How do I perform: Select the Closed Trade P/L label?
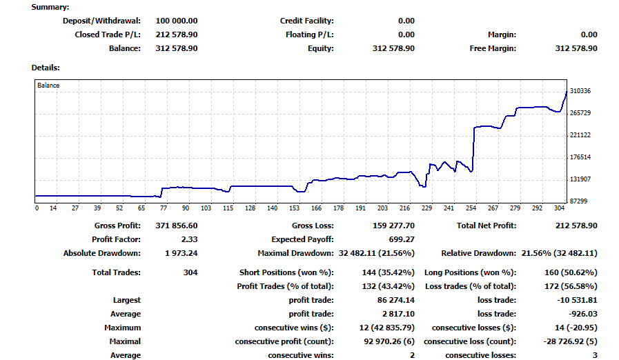tap(107, 34)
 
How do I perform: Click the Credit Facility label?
tap(306, 21)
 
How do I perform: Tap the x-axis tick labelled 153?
tap(295, 208)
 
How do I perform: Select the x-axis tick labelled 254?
tap(471, 208)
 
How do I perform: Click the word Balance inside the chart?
tap(48, 86)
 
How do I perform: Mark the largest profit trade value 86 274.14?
tap(393, 300)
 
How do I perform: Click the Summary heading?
tap(50, 7)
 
